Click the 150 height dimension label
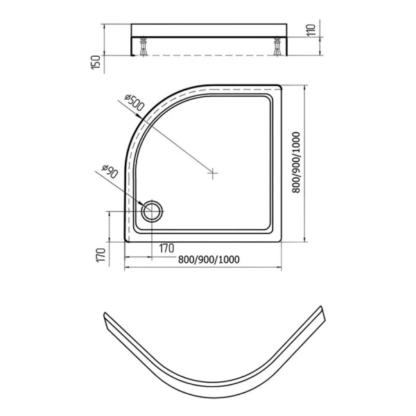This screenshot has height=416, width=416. click(x=96, y=62)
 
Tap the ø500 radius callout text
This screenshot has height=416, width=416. click(x=135, y=102)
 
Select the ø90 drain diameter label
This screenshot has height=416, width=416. click(x=110, y=171)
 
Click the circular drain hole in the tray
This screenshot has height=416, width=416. click(x=151, y=211)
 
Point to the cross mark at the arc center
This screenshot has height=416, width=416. click(x=213, y=173)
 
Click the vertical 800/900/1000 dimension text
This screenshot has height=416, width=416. click(x=295, y=162)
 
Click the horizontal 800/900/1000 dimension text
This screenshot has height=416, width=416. click(x=209, y=259)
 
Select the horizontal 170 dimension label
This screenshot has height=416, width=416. click(x=166, y=248)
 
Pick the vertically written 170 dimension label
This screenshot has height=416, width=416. click(x=101, y=255)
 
